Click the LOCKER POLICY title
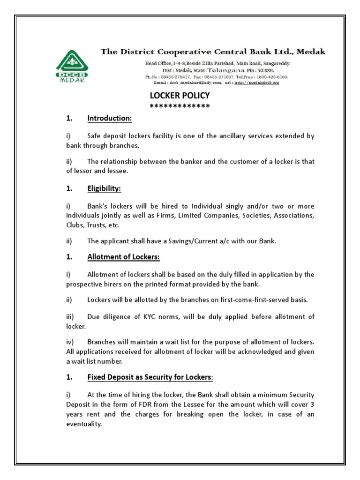pos(180,96)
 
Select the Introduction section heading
pos(110,119)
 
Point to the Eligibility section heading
pos(104,188)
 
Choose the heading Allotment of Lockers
pos(123,257)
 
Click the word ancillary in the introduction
pos(230,136)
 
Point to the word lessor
pos(84,171)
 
